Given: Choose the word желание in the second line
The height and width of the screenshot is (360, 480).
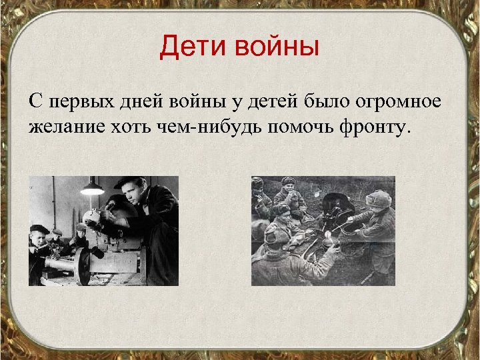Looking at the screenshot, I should coord(65,126).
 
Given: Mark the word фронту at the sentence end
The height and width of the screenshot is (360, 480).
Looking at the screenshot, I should coord(371,126).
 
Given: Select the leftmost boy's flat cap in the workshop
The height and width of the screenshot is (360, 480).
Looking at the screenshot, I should coord(39,229).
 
